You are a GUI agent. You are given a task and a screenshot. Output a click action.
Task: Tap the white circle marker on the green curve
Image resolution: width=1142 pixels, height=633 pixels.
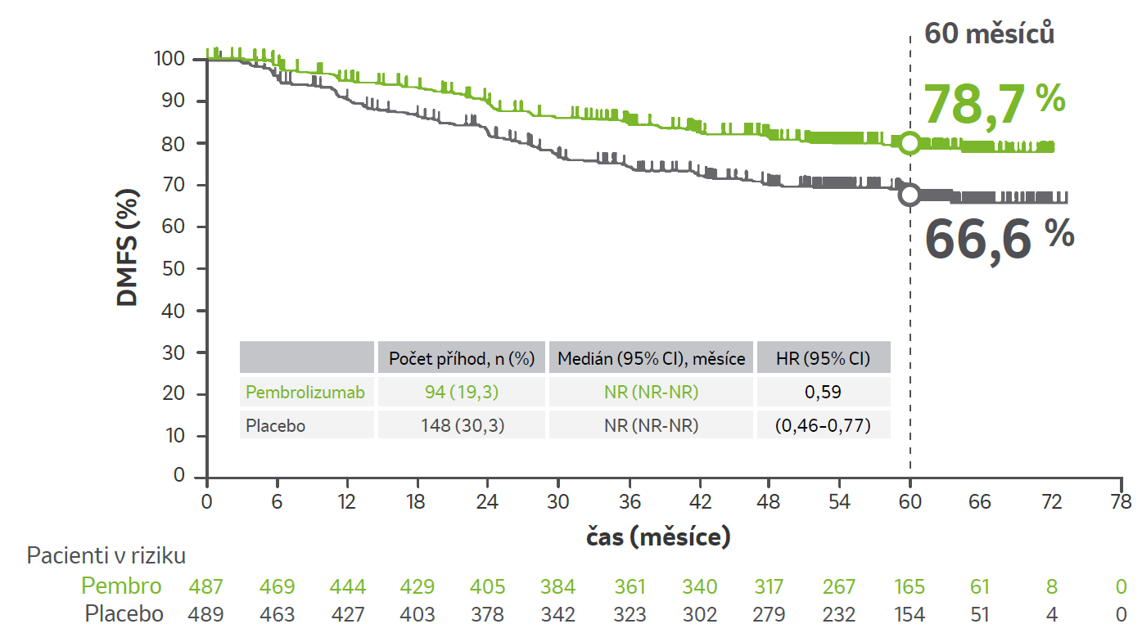pyautogui.click(x=910, y=143)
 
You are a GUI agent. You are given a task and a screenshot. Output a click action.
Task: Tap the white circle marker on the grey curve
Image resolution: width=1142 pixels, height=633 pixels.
pyautogui.click(x=910, y=195)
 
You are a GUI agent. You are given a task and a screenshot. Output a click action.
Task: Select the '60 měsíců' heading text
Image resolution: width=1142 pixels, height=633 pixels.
pyautogui.click(x=988, y=34)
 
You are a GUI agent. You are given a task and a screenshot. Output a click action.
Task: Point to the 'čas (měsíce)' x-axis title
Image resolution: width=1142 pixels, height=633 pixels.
pyautogui.click(x=658, y=537)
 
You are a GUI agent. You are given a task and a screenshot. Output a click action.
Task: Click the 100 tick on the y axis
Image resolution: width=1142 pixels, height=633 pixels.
pyautogui.click(x=169, y=59)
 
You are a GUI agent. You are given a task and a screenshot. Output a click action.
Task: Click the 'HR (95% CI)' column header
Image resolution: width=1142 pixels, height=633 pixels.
pyautogui.click(x=824, y=358)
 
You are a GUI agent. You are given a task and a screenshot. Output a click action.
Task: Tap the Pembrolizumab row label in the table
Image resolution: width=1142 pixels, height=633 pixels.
pyautogui.click(x=305, y=393)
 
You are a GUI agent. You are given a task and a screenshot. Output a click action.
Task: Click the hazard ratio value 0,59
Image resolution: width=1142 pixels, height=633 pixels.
pyautogui.click(x=824, y=393)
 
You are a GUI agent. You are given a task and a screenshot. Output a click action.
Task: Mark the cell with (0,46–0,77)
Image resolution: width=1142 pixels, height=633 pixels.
pyautogui.click(x=824, y=425)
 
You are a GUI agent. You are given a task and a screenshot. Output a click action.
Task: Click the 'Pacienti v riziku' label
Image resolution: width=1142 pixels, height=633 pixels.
pyautogui.click(x=106, y=556)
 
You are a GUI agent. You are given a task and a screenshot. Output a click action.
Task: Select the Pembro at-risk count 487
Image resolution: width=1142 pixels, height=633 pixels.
pyautogui.click(x=205, y=586)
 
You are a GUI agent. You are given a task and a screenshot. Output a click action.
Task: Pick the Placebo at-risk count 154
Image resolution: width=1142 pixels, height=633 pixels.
pyautogui.click(x=910, y=614)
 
